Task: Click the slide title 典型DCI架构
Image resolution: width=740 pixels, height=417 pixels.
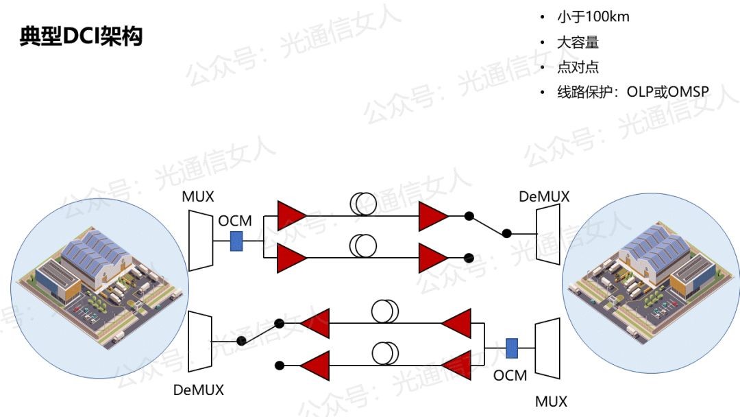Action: click(81, 36)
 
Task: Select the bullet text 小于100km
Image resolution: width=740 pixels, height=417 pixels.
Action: click(593, 17)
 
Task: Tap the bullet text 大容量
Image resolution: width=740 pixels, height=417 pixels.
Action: click(578, 43)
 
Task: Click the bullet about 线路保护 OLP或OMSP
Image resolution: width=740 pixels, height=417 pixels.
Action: click(632, 92)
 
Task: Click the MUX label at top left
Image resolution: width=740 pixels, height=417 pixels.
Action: click(198, 197)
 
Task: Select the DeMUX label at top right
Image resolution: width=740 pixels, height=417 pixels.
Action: click(544, 197)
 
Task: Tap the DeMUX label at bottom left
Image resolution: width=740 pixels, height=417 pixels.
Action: click(199, 390)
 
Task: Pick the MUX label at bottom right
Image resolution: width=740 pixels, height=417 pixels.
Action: click(551, 401)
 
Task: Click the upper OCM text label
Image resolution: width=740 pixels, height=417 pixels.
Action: click(235, 222)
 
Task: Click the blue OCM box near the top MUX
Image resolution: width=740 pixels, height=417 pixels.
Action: click(236, 241)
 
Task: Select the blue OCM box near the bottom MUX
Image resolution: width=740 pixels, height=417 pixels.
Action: click(511, 348)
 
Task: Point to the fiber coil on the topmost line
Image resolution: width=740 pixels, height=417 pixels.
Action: click(363, 204)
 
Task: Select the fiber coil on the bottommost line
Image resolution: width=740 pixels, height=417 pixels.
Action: click(385, 354)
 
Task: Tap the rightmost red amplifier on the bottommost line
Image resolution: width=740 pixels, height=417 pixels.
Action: click(456, 365)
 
